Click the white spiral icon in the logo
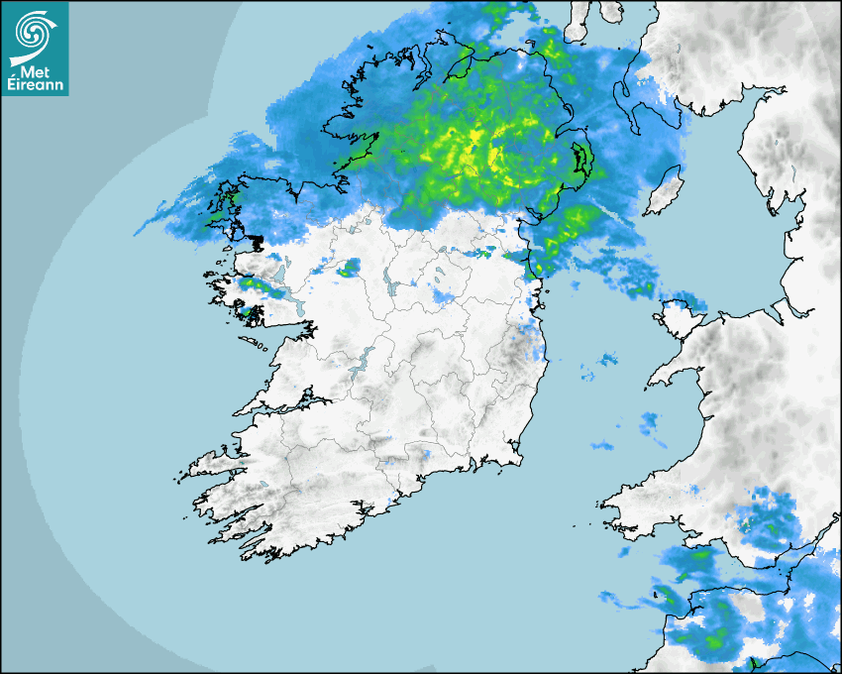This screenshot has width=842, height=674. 33,32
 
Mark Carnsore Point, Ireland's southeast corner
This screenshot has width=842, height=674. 521,458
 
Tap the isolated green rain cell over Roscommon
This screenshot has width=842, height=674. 348,267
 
